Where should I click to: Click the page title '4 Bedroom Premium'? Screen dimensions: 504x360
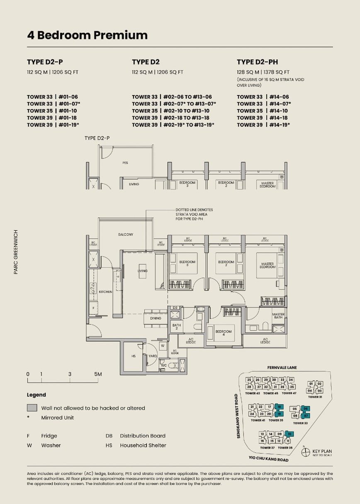click(x=87, y=35)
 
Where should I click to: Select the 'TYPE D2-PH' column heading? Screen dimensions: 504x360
click(x=257, y=62)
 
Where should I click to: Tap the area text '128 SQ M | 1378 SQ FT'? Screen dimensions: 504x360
click(x=263, y=72)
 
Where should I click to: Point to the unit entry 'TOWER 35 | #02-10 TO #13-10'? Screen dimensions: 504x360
click(x=170, y=111)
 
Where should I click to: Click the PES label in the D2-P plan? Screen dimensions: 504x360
click(x=125, y=163)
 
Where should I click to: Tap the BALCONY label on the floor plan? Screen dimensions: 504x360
click(x=125, y=235)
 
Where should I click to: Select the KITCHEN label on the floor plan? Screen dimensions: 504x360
click(x=105, y=292)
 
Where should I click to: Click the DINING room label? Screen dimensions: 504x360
click(x=156, y=318)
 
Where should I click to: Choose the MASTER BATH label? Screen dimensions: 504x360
click(x=278, y=316)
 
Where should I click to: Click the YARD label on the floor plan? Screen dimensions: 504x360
click(x=153, y=356)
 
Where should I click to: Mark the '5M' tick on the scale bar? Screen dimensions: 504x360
click(x=98, y=374)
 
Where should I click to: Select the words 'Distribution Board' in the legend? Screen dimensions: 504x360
click(x=142, y=435)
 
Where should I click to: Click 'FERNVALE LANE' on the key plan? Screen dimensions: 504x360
click(x=282, y=367)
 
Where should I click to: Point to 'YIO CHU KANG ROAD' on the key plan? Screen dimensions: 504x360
click(x=268, y=459)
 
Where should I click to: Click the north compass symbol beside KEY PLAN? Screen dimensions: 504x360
click(x=306, y=452)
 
